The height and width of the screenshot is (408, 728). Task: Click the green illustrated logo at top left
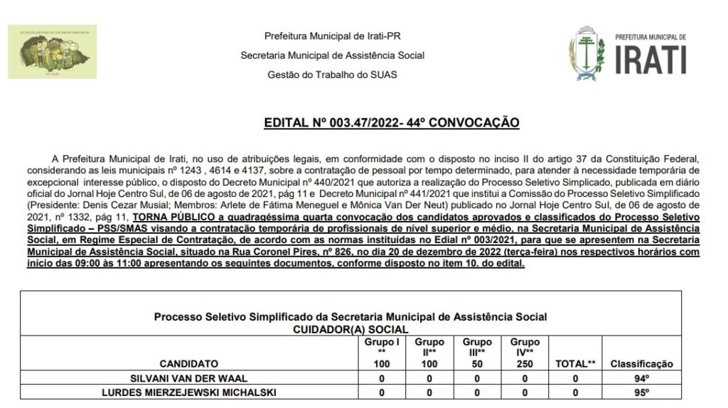coord(52,52)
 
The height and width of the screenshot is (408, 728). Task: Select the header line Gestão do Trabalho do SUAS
coord(332,74)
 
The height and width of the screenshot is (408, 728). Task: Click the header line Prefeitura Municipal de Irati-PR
coord(332,36)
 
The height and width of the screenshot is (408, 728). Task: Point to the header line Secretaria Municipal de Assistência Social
coord(332,55)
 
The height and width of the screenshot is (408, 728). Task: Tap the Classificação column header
coord(641,363)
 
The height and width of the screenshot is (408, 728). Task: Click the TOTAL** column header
coord(575,363)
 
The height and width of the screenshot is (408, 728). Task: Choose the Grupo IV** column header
coord(525,346)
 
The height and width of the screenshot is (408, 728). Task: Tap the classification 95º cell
coord(641,392)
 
